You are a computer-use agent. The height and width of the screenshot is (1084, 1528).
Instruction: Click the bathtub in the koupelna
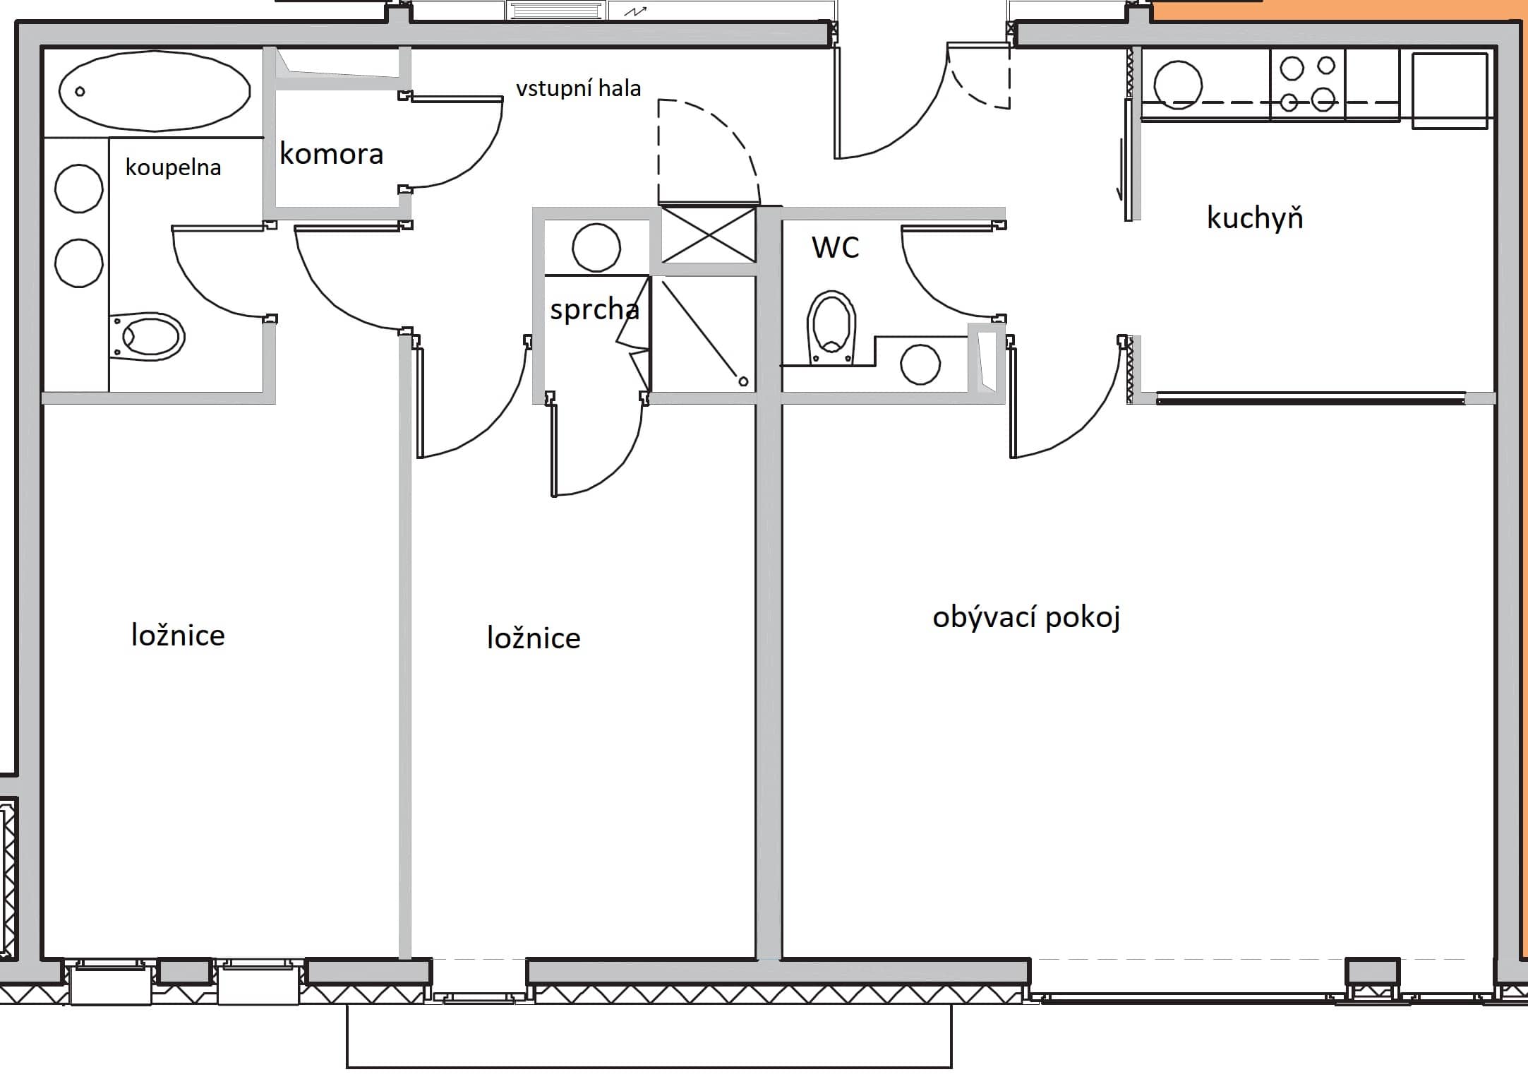[154, 91]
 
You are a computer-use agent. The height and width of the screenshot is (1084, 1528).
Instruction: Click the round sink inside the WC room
[920, 364]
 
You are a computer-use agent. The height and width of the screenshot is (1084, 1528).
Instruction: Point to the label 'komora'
[331, 154]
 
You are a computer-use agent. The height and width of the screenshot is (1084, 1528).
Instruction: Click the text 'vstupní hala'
[578, 89]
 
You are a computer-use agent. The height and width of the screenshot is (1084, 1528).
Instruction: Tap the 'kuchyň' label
[1254, 218]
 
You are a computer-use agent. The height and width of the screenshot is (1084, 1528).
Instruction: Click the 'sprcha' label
[594, 309]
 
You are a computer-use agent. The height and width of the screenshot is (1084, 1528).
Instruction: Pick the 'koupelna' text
[173, 167]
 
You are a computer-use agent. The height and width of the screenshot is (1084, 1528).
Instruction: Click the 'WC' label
[835, 248]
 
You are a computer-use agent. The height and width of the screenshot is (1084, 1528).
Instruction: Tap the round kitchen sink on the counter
[1177, 85]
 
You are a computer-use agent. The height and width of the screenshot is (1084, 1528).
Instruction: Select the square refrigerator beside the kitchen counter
[1450, 90]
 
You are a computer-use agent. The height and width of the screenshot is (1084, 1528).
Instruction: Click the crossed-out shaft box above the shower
[708, 234]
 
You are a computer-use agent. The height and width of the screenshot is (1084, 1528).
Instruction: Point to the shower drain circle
[743, 381]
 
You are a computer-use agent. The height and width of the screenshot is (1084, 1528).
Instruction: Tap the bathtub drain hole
[80, 92]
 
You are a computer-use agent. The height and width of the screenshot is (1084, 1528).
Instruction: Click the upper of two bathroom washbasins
[79, 189]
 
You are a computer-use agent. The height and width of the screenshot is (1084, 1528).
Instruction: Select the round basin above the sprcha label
[596, 248]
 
